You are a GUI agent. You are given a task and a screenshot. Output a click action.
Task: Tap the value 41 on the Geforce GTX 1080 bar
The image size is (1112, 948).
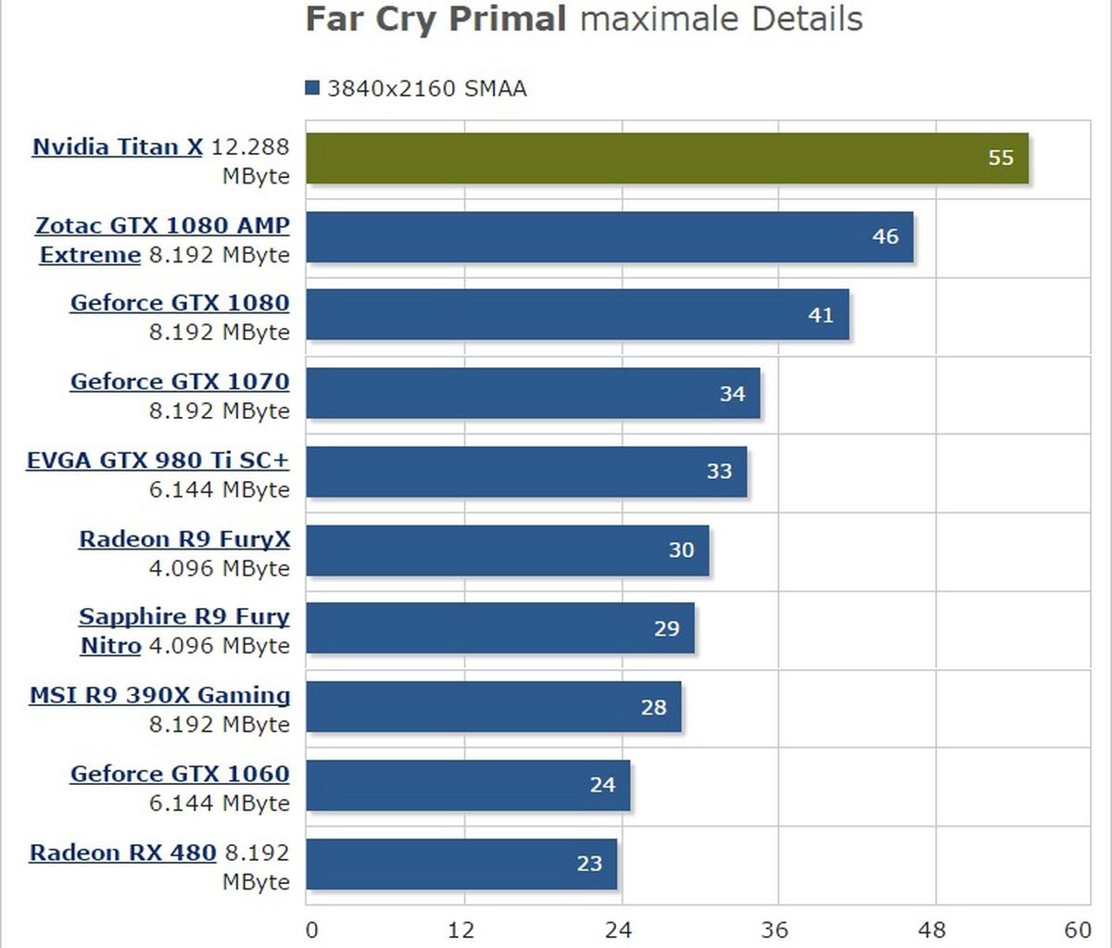point(821,315)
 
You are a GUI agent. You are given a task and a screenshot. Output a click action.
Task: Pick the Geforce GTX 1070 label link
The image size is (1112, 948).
point(180,382)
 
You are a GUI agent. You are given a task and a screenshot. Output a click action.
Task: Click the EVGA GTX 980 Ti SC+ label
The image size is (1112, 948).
point(158,461)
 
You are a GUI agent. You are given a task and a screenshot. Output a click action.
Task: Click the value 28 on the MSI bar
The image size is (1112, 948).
point(653,707)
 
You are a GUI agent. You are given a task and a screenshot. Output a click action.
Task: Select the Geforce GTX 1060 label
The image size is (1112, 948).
point(180,774)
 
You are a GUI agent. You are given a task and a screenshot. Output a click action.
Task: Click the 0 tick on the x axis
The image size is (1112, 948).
point(311,929)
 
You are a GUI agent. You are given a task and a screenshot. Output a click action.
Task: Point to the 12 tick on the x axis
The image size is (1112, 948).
point(461,929)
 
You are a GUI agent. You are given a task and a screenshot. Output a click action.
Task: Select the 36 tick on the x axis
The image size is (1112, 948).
point(775,929)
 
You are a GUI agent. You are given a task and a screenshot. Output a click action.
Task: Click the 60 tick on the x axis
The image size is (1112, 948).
point(1078,929)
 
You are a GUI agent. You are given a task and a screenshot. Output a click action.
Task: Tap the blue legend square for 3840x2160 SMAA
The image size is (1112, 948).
point(312,88)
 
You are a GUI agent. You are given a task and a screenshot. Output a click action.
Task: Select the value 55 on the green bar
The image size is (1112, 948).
point(1001,158)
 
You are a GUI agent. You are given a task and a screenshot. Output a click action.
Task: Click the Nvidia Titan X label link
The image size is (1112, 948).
point(118,147)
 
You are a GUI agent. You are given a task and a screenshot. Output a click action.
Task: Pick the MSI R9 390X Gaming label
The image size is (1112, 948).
point(159,696)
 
